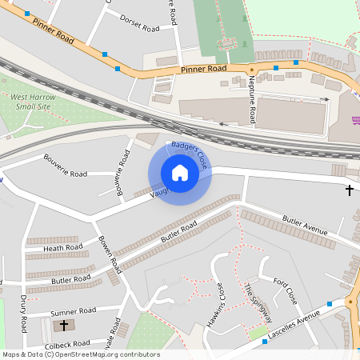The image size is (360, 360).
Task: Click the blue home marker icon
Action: (x=180, y=173)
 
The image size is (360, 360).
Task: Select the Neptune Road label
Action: (x=252, y=95)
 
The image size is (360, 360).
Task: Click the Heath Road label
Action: (x=63, y=249)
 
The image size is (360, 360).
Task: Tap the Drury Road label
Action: (x=23, y=313)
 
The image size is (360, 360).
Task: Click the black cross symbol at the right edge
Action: (x=349, y=190)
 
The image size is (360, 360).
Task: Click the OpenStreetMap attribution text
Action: (x=80, y=354)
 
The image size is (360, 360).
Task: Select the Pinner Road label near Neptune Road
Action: (x=203, y=70)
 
